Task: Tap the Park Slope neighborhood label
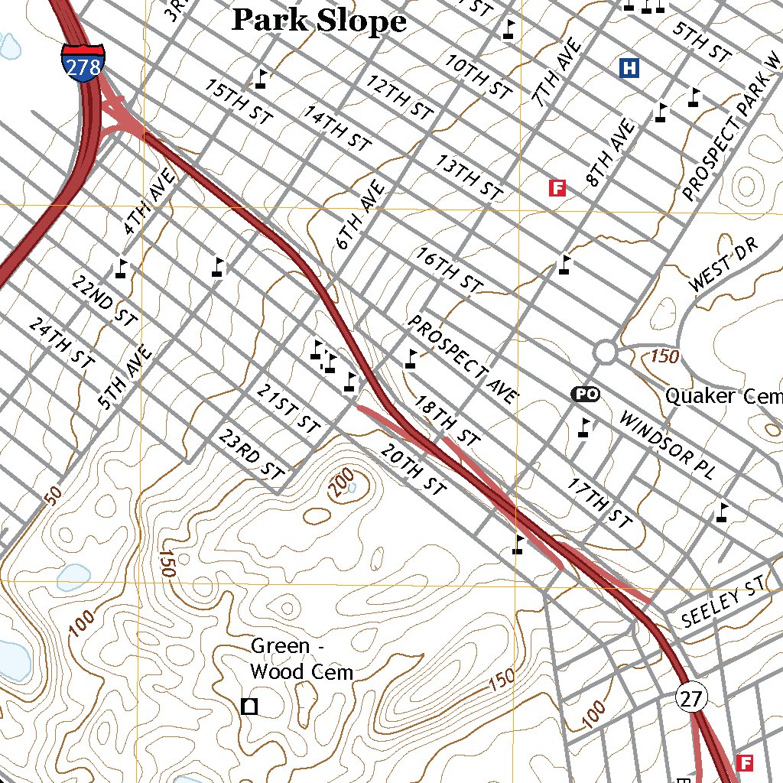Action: point(319,21)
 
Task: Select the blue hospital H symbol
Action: point(629,68)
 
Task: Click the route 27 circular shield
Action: point(692,697)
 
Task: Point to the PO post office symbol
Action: point(585,394)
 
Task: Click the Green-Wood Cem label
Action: point(301,659)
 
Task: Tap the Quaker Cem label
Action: point(723,396)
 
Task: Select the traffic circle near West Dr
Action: point(605,353)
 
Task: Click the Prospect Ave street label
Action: point(463,359)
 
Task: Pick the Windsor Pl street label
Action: point(665,447)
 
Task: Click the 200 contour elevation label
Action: point(342,483)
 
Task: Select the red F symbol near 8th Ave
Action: point(557,187)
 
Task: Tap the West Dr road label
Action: point(721,265)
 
